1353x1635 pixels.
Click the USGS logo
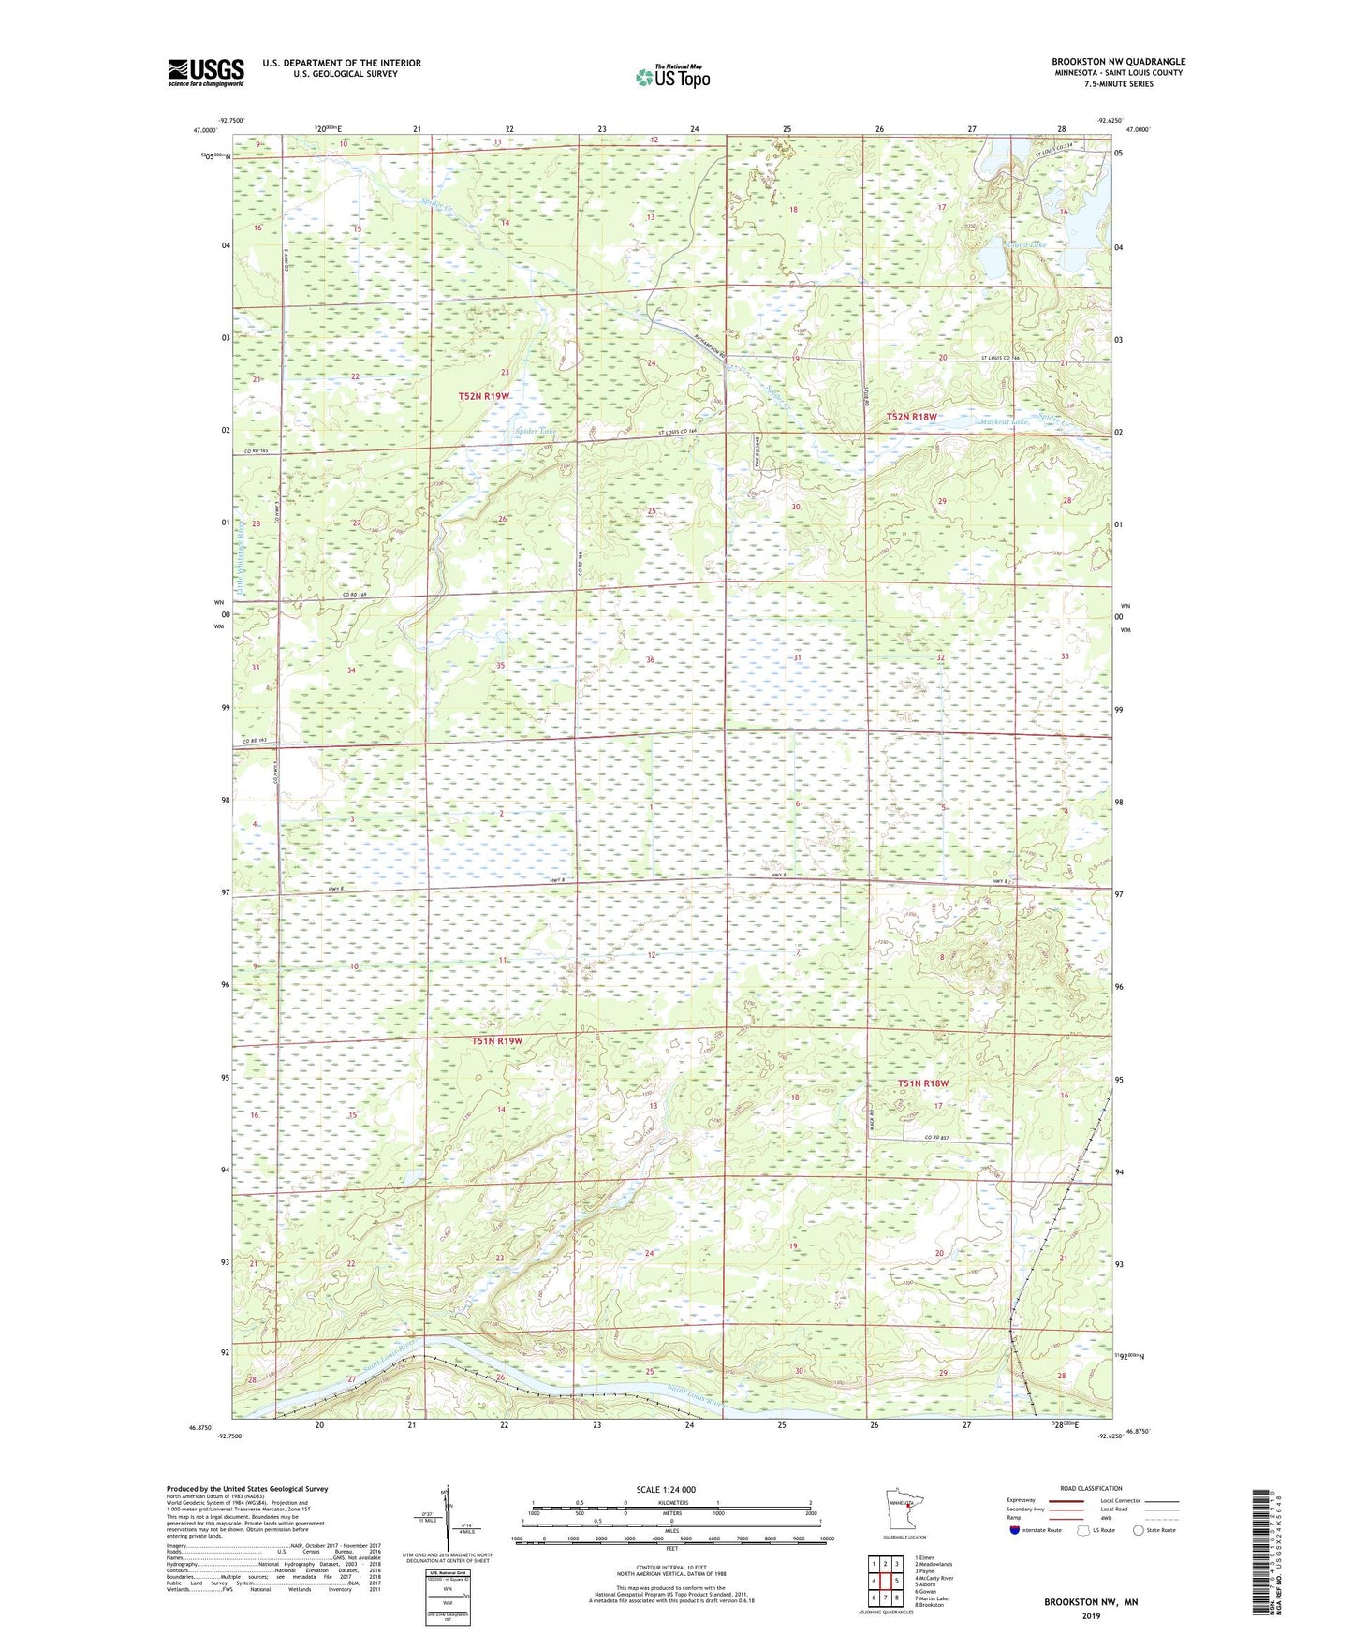[x=206, y=72]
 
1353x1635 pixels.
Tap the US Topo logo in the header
[x=671, y=77]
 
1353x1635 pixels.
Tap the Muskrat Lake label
[x=1003, y=422]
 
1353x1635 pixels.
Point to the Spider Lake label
[x=535, y=431]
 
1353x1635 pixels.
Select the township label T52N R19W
[x=484, y=396]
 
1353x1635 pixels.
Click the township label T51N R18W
[x=923, y=1083]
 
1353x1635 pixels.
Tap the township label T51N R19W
[x=496, y=1040]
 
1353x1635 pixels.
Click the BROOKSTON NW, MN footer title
[x=1091, y=1602]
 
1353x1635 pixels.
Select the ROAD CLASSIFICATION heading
[x=1091, y=1488]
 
